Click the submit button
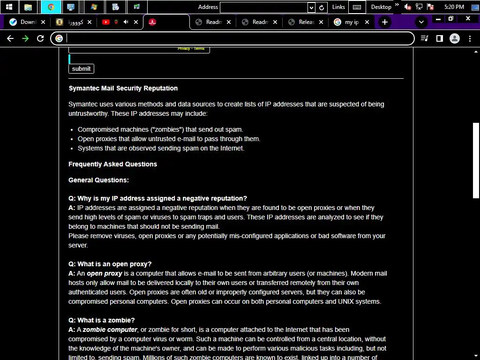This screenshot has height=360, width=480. (81, 69)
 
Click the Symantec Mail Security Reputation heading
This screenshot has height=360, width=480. (123, 88)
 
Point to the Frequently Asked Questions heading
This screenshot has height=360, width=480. (112, 164)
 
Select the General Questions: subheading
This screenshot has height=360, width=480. (98, 180)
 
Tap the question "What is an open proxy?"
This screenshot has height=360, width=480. (114, 264)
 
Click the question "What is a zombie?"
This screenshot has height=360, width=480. (106, 320)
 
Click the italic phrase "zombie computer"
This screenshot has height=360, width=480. (110, 330)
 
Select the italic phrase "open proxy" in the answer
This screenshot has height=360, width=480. (104, 273)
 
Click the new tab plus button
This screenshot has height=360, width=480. (385, 22)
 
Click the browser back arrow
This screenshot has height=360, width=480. (10, 38)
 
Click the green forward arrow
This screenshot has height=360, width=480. (25, 38)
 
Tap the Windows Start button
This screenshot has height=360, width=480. (9, 7)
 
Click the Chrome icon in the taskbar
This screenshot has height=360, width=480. (51, 7)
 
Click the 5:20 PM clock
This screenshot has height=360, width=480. (454, 7)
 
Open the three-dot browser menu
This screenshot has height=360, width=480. (470, 38)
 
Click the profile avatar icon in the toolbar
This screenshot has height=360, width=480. (454, 38)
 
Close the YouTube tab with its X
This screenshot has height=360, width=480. (136, 22)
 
